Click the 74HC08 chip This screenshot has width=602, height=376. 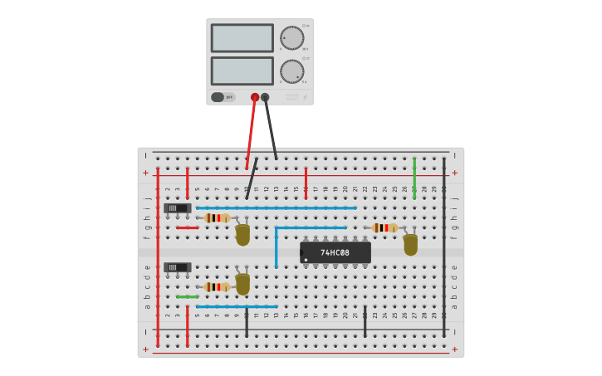(x=335, y=252)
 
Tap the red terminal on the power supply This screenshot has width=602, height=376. (x=255, y=97)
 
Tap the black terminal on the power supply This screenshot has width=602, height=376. (x=265, y=97)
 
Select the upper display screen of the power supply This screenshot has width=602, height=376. (x=242, y=38)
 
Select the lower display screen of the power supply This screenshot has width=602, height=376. (x=242, y=71)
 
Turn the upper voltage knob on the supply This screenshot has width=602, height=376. (x=291, y=38)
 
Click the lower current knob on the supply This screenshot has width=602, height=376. (x=291, y=71)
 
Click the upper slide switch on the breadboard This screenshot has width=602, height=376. (x=177, y=208)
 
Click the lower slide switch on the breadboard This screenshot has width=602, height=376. (x=177, y=267)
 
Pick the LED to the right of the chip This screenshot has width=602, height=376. (x=410, y=244)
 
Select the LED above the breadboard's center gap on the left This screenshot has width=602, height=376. (x=242, y=234)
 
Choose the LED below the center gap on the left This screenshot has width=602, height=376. (x=242, y=284)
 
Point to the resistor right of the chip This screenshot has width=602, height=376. (x=384, y=227)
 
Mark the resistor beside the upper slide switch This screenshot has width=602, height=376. (x=217, y=218)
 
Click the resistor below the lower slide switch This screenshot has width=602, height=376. (x=217, y=287)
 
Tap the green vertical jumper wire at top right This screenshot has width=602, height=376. (x=414, y=178)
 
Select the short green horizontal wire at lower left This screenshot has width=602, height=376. (x=187, y=296)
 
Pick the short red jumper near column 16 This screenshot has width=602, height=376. (x=306, y=183)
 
